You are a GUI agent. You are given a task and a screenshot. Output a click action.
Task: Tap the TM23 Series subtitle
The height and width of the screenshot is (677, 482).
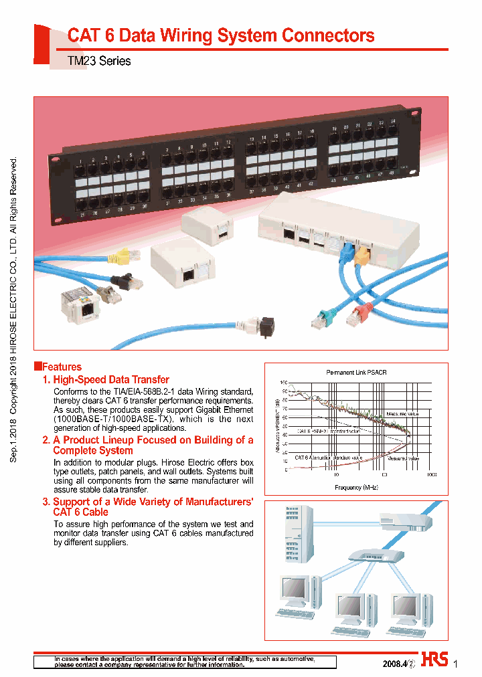point(99,61)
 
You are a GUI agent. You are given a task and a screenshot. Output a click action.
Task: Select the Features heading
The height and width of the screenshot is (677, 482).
point(61,367)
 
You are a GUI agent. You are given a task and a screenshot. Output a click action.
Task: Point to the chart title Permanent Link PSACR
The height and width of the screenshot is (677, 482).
point(352,372)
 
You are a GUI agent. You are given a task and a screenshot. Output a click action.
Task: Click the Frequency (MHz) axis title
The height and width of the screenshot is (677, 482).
point(356,488)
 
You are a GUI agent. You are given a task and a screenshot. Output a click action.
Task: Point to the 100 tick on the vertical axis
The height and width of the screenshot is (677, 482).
point(284,382)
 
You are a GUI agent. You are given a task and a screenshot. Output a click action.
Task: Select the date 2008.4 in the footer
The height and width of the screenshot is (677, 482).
point(394,664)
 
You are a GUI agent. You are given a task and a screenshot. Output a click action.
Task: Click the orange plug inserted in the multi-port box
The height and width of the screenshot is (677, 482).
point(361,256)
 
